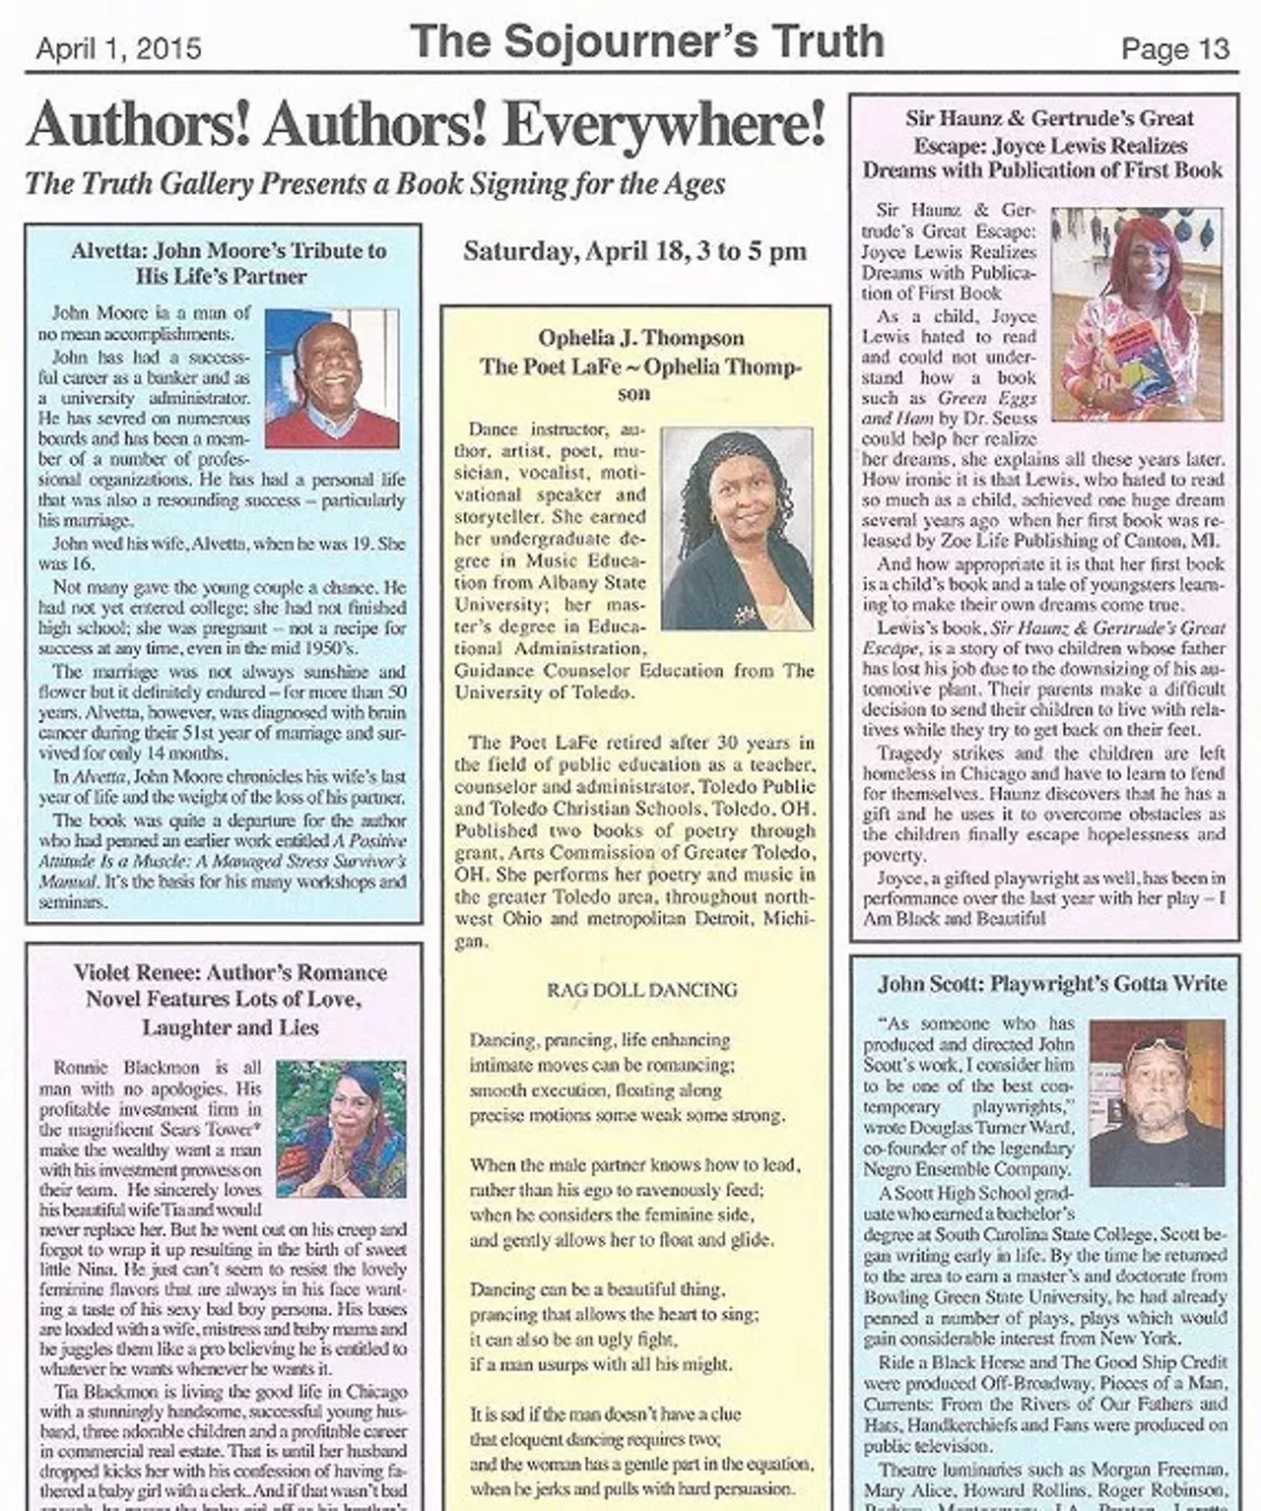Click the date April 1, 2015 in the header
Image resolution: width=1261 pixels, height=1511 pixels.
pyautogui.click(x=118, y=49)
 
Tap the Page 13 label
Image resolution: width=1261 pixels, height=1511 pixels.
pyautogui.click(x=1175, y=49)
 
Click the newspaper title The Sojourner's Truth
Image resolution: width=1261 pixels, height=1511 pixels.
pyautogui.click(x=646, y=42)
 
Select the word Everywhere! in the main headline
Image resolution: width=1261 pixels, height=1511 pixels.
pyautogui.click(x=665, y=126)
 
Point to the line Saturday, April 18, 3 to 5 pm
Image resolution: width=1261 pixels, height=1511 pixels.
pyautogui.click(x=634, y=251)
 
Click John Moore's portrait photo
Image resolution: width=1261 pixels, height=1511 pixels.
pyautogui.click(x=332, y=377)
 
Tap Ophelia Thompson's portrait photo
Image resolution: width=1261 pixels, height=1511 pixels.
pyautogui.click(x=737, y=528)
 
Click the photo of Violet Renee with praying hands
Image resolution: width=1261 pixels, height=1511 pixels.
pyautogui.click(x=341, y=1129)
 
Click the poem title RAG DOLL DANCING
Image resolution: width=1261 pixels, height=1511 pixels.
pyautogui.click(x=641, y=990)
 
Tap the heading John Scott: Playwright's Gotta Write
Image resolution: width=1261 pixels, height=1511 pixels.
pyautogui.click(x=1052, y=983)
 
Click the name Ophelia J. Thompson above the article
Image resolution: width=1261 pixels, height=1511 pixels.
pyautogui.click(x=641, y=338)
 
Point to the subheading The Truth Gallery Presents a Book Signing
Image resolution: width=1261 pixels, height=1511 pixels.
pyautogui.click(x=374, y=183)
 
